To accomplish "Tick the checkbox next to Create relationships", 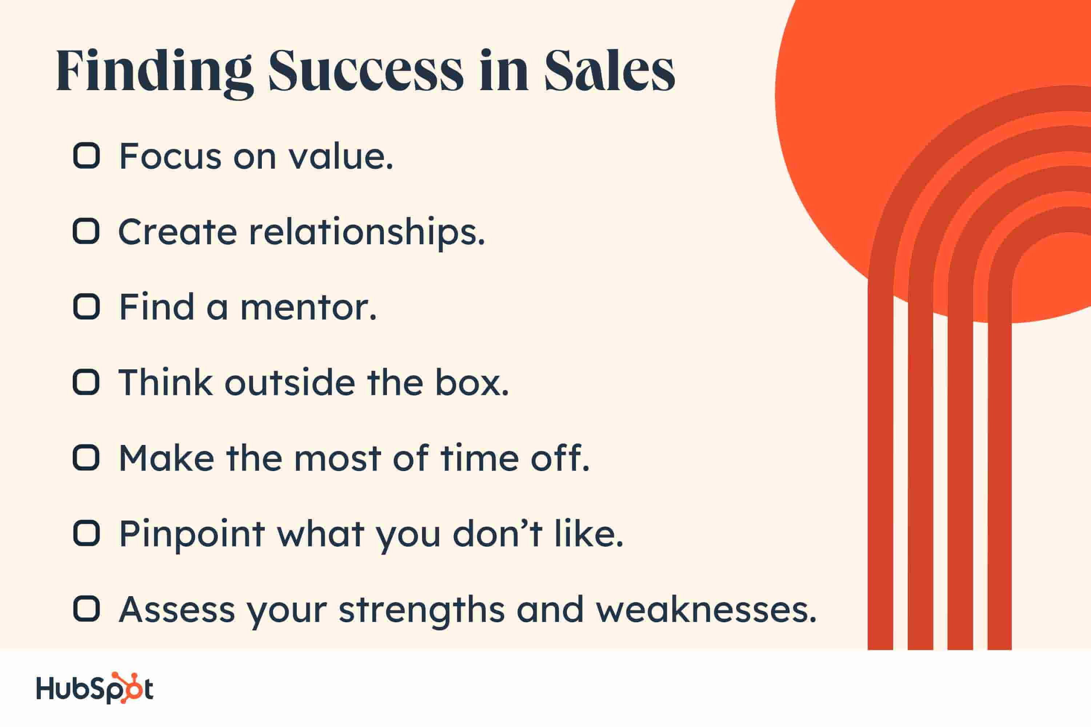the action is click(86, 231).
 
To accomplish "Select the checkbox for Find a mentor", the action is click(86, 306).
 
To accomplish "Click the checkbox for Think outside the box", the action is click(86, 382).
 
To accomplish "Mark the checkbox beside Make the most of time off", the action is click(86, 458).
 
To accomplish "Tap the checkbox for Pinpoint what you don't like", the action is click(86, 533).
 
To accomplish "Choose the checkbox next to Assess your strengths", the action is click(86, 609).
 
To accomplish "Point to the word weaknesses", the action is click(706, 610).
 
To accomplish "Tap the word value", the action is click(341, 156).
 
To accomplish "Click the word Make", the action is click(167, 458).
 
